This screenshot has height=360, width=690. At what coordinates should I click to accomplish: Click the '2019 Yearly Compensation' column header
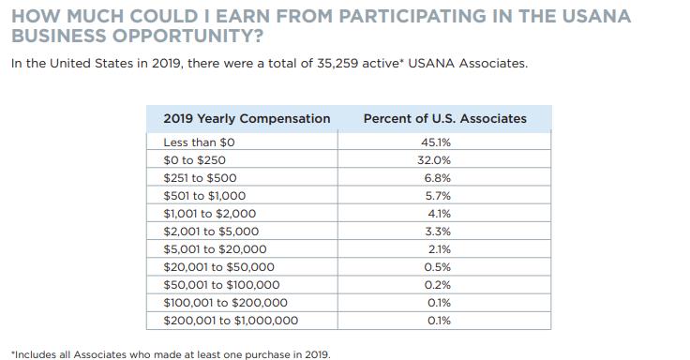(247, 119)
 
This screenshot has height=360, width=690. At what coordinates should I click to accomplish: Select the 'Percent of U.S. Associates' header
(444, 119)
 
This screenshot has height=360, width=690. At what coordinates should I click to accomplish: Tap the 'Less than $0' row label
(199, 142)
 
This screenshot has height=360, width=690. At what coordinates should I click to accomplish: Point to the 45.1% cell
(438, 142)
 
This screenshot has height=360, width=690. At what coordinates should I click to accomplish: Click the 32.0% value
(438, 160)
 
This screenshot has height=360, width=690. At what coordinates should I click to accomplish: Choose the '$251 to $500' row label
(200, 178)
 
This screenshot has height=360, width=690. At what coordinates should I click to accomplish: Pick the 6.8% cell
(438, 178)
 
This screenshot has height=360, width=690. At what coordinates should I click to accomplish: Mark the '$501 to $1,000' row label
(204, 196)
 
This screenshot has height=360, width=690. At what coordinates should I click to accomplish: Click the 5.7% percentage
(438, 196)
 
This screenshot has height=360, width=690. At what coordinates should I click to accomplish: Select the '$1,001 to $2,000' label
(210, 214)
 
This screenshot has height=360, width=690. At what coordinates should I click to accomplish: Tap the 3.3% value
(438, 232)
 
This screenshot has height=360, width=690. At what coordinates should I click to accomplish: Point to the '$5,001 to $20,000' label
(215, 249)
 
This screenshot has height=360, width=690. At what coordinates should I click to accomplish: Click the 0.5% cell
(438, 267)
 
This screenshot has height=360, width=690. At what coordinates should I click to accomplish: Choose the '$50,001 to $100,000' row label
(221, 285)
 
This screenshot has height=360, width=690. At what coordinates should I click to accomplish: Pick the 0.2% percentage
(438, 285)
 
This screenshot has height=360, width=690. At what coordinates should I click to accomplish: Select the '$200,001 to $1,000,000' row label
(231, 321)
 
